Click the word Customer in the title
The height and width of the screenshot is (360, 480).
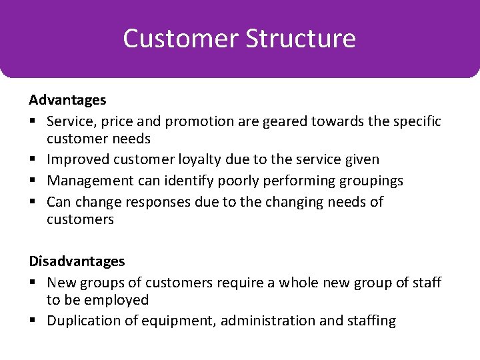pyautogui.click(x=181, y=38)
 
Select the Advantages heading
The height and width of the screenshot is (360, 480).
pyautogui.click(x=67, y=100)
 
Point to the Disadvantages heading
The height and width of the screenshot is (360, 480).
pyautogui.click(x=77, y=261)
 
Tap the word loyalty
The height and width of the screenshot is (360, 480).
pyautogui.click(x=199, y=160)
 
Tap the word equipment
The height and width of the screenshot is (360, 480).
pyautogui.click(x=181, y=321)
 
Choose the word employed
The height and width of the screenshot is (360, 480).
pyautogui.click(x=117, y=301)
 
